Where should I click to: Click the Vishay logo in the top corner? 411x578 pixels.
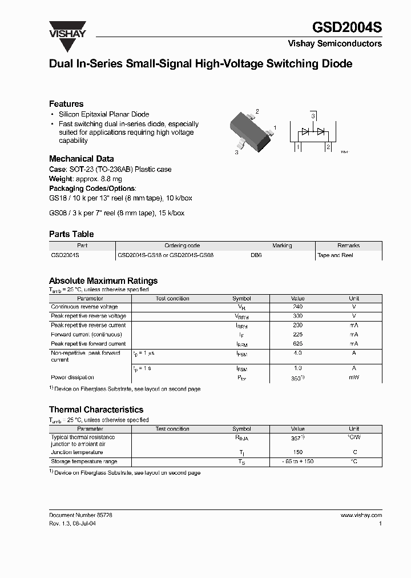click(67, 29)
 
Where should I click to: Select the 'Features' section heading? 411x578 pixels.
click(66, 104)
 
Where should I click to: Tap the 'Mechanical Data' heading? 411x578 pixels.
click(81, 159)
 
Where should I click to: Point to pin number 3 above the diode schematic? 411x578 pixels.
click(313, 117)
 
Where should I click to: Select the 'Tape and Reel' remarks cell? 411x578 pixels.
click(335, 255)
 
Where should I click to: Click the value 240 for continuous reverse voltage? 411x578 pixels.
click(297, 307)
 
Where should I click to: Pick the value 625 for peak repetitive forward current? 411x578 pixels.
click(297, 344)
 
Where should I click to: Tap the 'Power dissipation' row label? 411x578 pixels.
click(72, 378)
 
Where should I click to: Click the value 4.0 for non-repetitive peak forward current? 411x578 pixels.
click(297, 354)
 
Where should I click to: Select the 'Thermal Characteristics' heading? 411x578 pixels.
click(96, 410)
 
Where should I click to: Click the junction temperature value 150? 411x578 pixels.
click(297, 452)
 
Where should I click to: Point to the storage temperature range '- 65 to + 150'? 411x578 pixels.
click(297, 461)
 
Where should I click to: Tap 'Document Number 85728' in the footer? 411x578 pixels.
click(80, 515)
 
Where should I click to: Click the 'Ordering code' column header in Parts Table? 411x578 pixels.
click(182, 246)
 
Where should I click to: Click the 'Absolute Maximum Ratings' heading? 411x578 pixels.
click(103, 281)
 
